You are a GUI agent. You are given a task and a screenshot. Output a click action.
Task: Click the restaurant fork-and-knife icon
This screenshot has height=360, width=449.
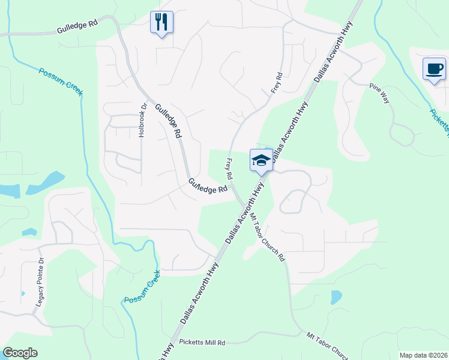point(161,23)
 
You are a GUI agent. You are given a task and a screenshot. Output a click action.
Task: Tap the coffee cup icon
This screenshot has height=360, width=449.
point(433,68)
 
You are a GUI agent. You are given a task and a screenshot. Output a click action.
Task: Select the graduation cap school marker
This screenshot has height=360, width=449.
point(261,160)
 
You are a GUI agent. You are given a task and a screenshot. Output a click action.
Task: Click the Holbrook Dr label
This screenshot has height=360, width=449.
point(143,121)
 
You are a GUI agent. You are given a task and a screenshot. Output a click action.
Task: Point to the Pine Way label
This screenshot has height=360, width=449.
point(380,94)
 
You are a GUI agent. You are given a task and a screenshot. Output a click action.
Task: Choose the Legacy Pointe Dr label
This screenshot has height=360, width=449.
point(40,281)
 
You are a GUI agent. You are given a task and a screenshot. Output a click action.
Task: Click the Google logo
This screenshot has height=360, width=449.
point(20,353)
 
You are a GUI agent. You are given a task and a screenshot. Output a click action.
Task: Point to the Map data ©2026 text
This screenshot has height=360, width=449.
point(423,355)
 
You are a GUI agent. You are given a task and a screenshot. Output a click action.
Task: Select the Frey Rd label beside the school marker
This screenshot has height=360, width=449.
point(229,169)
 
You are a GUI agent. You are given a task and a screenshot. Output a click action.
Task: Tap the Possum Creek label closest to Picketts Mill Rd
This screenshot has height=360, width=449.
point(142,287)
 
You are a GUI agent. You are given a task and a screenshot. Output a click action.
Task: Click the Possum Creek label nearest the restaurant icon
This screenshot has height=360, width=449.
point(61,82)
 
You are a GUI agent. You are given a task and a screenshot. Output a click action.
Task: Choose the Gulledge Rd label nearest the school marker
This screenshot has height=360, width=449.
point(208,186)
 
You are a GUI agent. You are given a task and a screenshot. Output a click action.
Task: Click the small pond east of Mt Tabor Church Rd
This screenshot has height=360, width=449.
point(336,297)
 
